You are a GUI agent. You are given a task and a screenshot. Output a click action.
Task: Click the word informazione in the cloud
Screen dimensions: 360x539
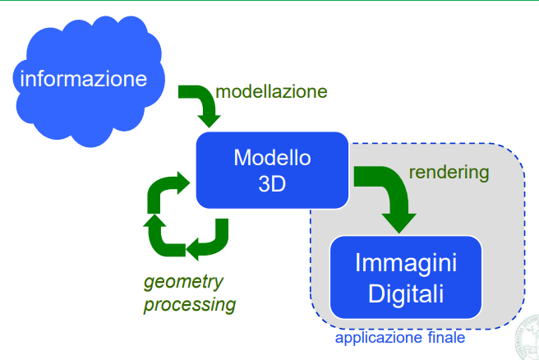pos(84,80)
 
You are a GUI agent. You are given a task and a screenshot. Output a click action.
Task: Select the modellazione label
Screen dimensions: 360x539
pos(270,90)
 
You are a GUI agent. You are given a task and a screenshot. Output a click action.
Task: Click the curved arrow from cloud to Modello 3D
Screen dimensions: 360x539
pos(200,102)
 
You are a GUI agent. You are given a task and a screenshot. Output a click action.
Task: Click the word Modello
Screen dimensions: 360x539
pos(272,156)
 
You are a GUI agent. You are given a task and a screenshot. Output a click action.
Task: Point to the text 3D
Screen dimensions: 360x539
pos(272,183)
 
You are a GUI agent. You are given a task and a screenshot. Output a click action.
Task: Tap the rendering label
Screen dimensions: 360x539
pos(449,173)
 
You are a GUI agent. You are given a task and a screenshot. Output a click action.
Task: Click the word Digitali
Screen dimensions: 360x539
pos(405,293)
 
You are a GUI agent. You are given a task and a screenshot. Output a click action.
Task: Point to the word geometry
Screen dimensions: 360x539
pos(183,282)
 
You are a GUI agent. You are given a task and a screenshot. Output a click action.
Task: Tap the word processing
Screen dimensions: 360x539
pos(190,305)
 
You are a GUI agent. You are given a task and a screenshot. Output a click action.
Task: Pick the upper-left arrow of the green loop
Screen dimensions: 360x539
pos(156,194)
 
